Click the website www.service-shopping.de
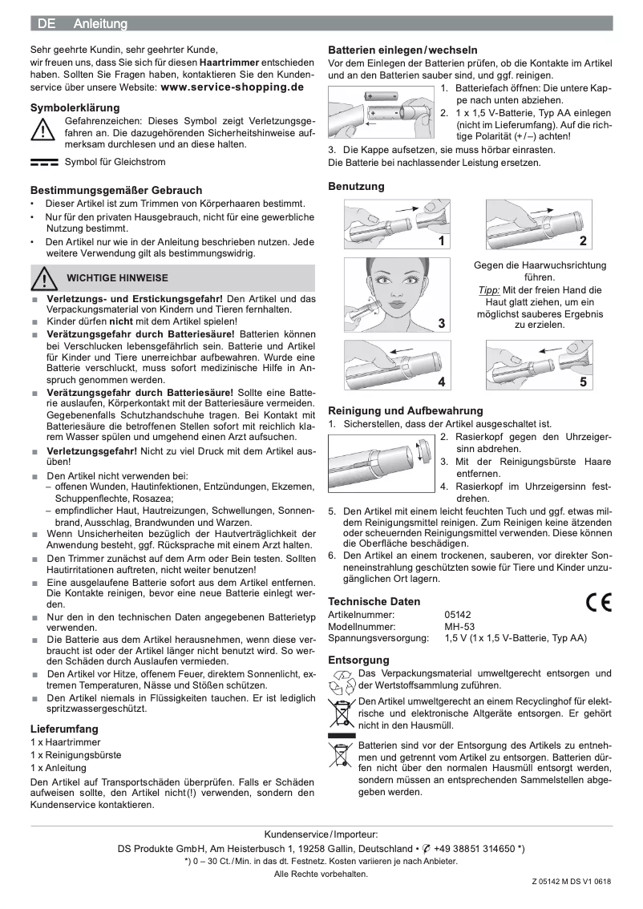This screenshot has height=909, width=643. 233,87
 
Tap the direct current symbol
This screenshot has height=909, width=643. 44,162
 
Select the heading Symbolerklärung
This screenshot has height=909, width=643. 75,107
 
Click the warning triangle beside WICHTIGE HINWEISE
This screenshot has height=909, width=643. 46,278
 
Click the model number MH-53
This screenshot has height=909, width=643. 459,627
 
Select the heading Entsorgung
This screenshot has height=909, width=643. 358,660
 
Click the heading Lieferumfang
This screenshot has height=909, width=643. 64,729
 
